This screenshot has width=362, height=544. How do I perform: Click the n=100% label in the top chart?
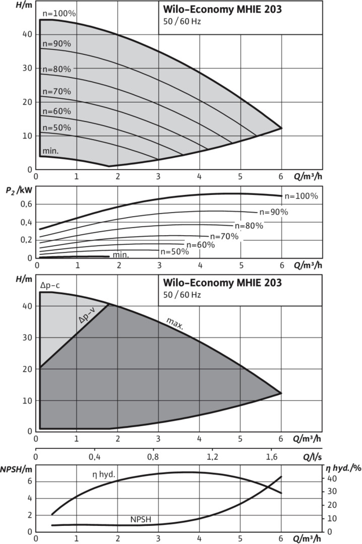[58, 14]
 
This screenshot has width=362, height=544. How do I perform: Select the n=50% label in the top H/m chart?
[56, 127]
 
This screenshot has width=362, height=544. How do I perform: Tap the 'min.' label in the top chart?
[50, 151]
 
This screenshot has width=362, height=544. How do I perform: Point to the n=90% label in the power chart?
[273, 212]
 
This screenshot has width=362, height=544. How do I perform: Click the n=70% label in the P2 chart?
[224, 236]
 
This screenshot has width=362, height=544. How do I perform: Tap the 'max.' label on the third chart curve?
[175, 324]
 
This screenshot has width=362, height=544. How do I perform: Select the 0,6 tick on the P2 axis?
[27, 203]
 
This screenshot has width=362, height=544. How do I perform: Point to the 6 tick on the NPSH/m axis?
[29, 481]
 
